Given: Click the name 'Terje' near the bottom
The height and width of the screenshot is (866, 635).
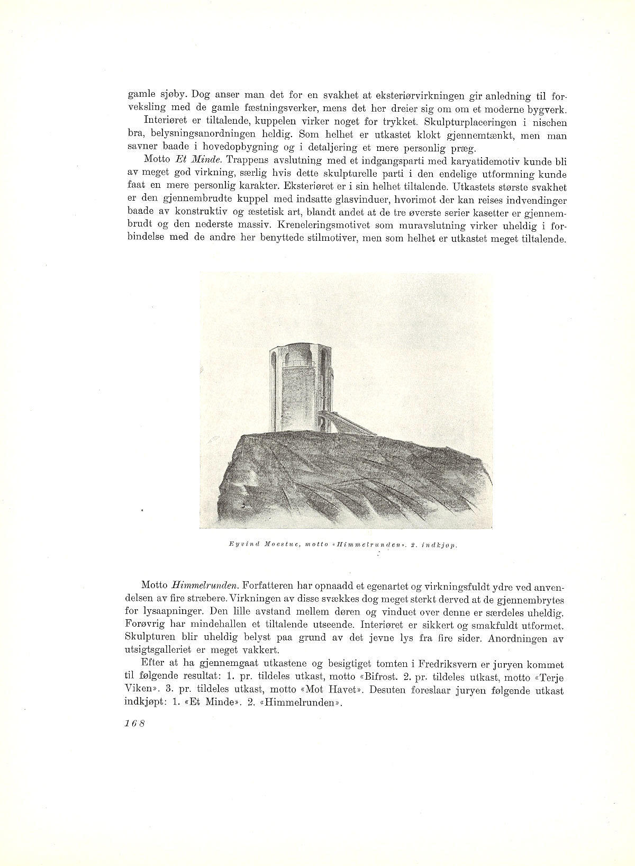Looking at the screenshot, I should [554, 678].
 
